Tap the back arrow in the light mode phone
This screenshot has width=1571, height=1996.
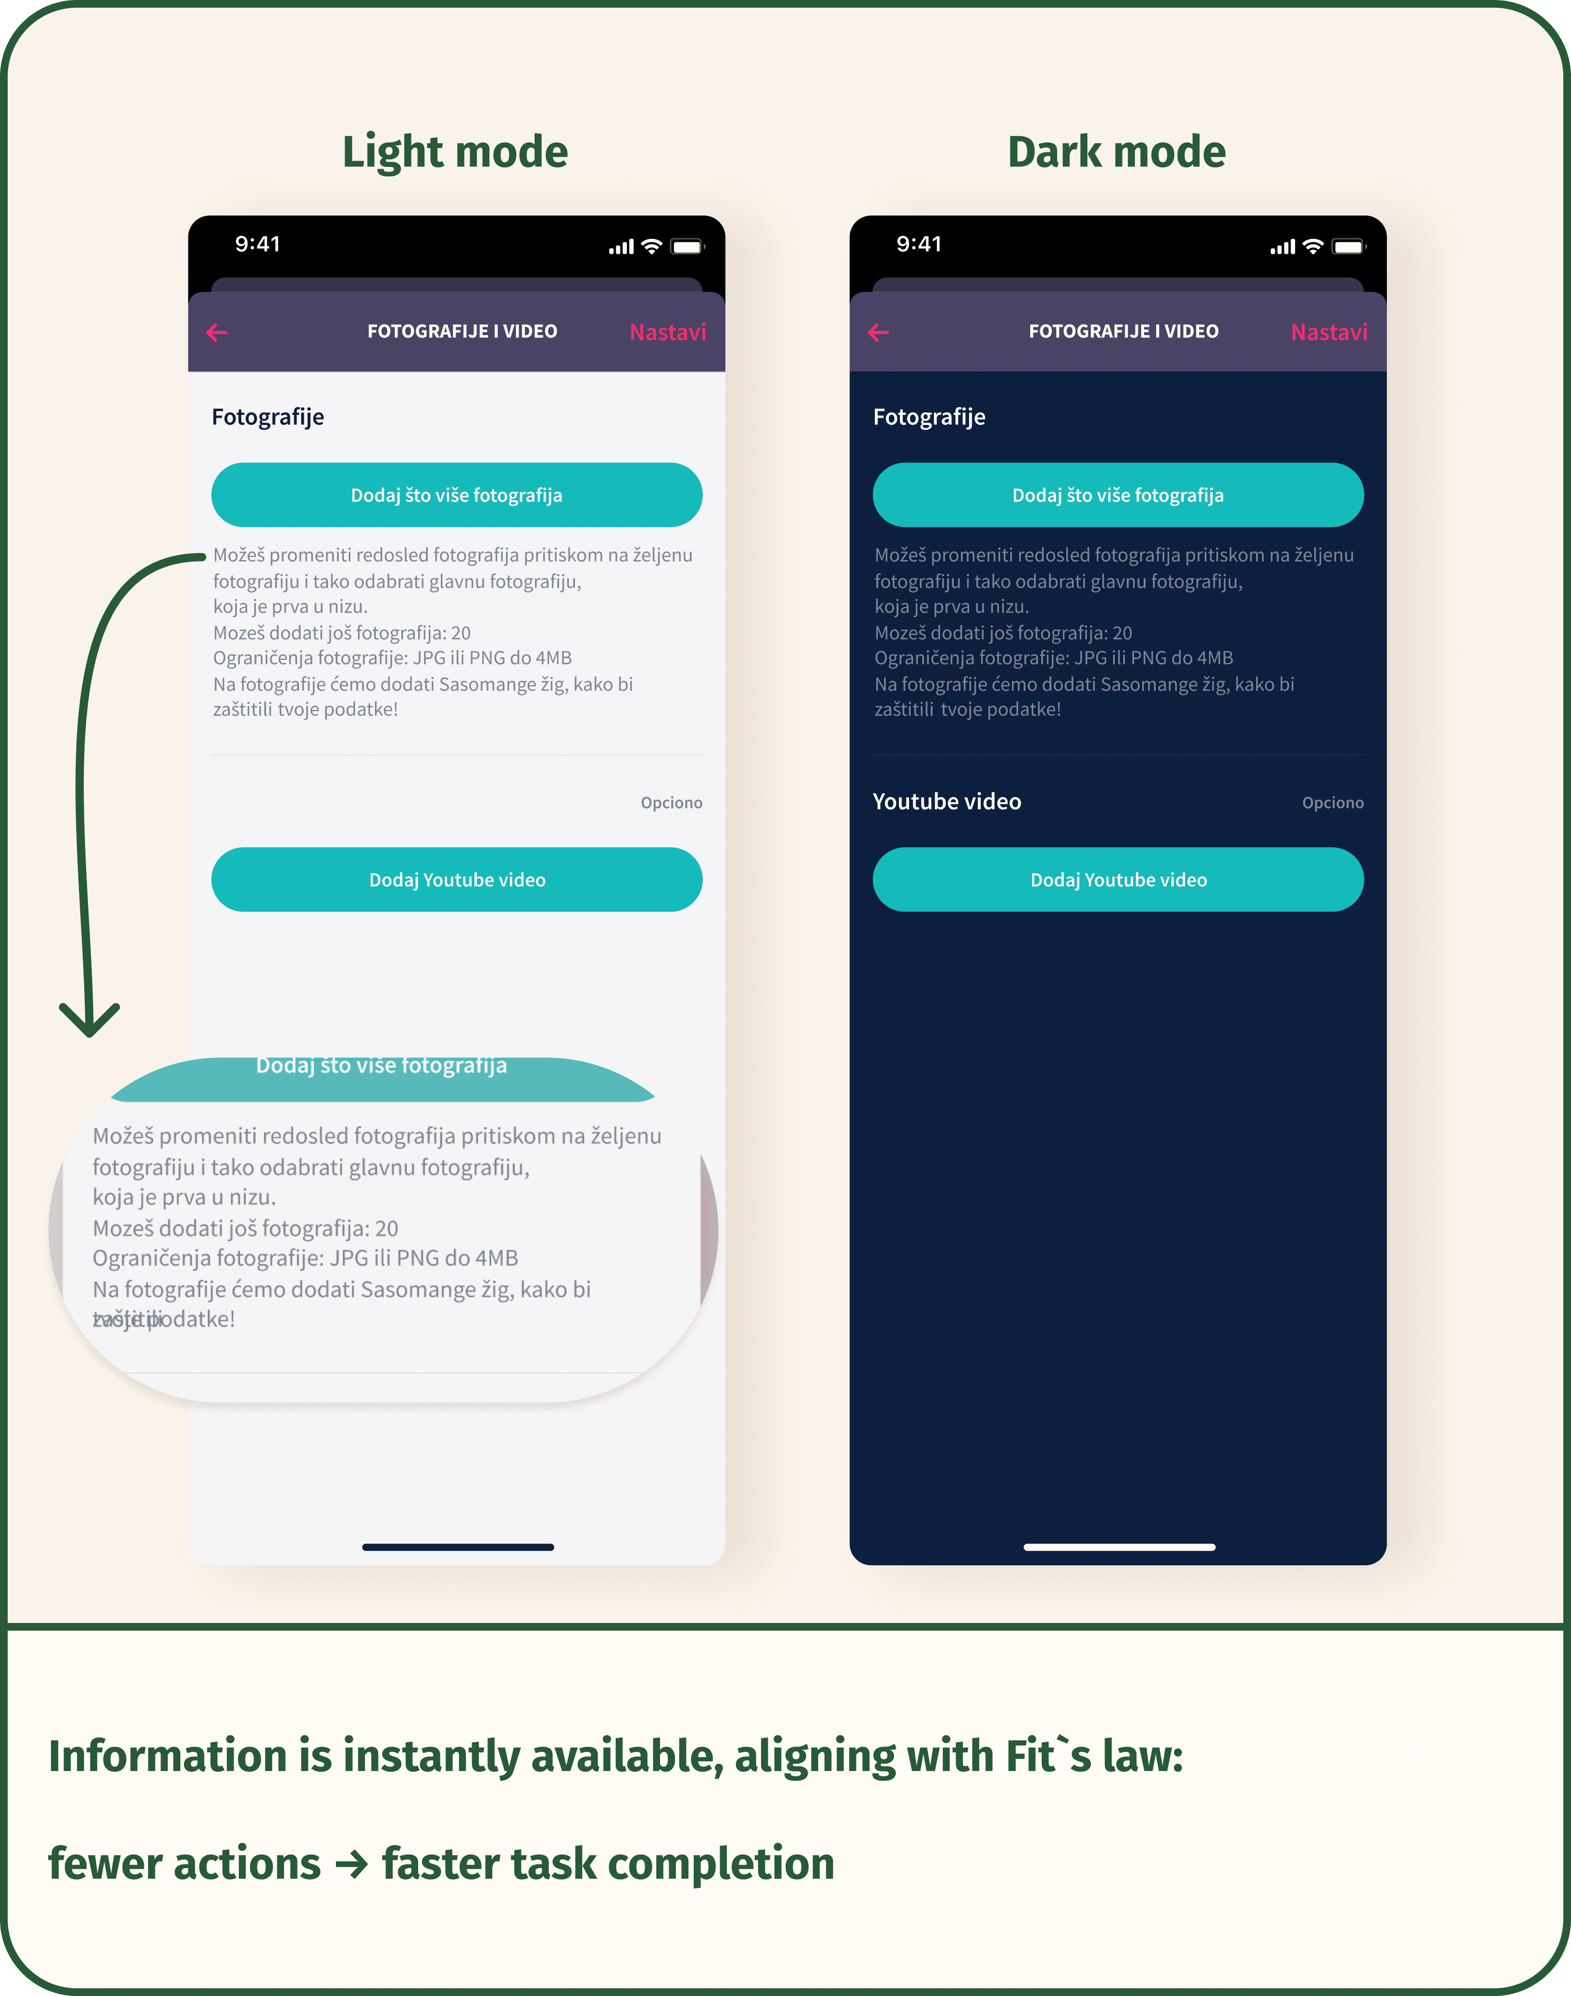pyautogui.click(x=217, y=332)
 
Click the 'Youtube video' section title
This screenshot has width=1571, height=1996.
pyautogui.click(x=947, y=801)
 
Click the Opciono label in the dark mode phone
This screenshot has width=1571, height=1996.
pyautogui.click(x=1332, y=803)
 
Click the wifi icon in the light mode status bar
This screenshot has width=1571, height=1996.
pyautogui.click(x=651, y=247)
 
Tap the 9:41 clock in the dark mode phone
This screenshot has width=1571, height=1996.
pyautogui.click(x=918, y=244)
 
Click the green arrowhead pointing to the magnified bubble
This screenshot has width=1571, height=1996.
pyautogui.click(x=89, y=1021)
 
